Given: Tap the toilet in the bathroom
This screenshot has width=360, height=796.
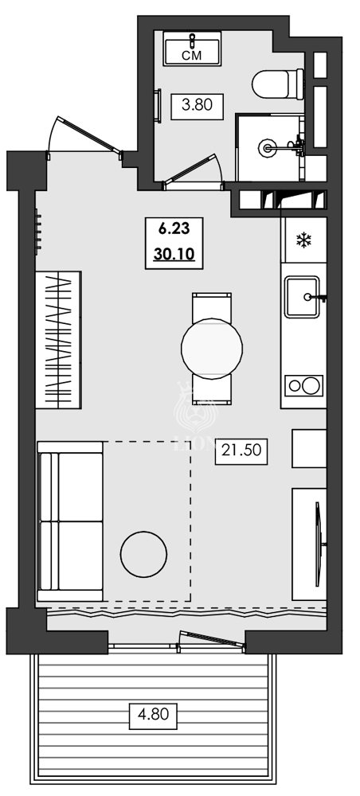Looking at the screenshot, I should tap(279, 82).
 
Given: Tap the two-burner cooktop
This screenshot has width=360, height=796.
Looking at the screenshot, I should tap(303, 386).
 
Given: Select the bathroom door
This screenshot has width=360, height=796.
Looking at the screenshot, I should tap(194, 173).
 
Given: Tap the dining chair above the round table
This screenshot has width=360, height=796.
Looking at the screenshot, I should tap(212, 306).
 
